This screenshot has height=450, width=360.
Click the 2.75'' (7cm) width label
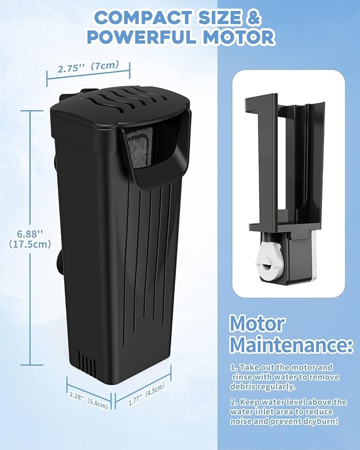[88, 68]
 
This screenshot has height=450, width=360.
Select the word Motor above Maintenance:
[257, 323]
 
